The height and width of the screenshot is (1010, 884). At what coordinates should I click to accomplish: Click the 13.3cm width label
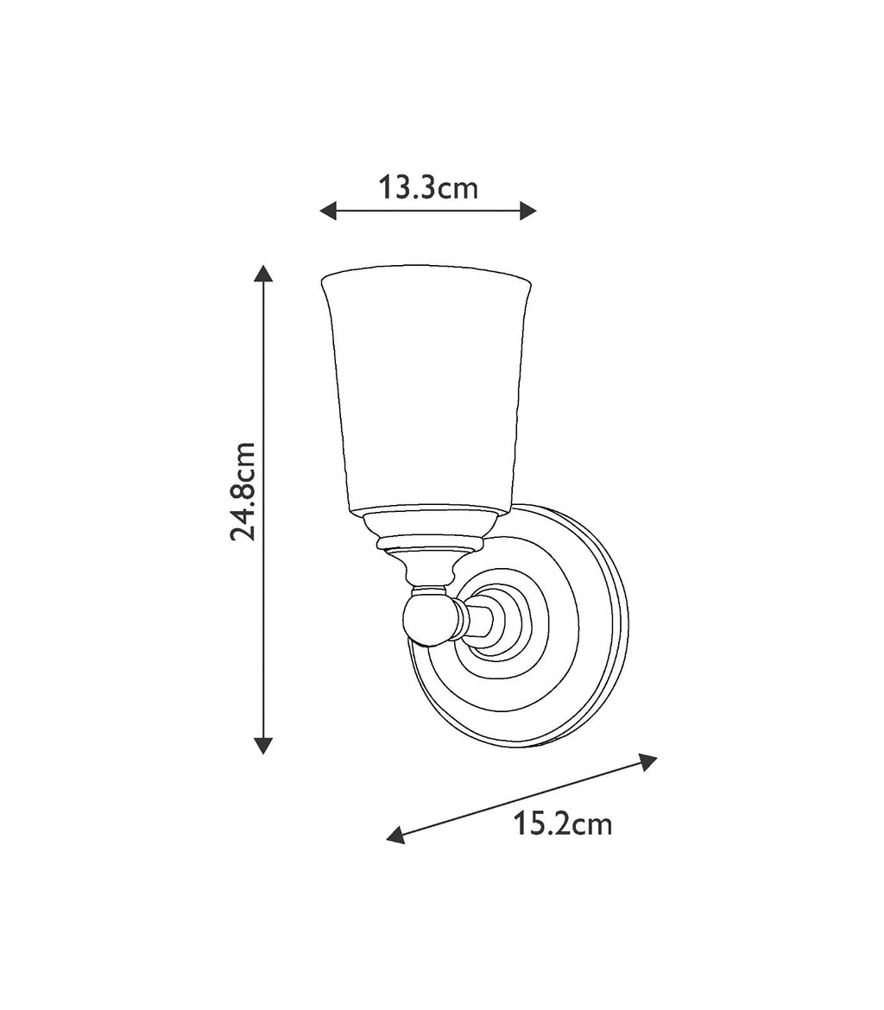pyautogui.click(x=428, y=187)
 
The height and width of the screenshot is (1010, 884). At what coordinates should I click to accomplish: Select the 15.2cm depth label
pyautogui.click(x=563, y=824)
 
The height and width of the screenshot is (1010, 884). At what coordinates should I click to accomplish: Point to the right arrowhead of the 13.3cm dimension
pyautogui.click(x=528, y=211)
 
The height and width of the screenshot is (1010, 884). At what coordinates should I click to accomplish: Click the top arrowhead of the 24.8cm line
pyautogui.click(x=263, y=274)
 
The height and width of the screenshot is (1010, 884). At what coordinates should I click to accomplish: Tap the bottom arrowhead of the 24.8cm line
pyautogui.click(x=263, y=746)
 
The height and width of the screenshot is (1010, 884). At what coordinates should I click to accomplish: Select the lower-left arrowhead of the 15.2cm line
pyautogui.click(x=395, y=834)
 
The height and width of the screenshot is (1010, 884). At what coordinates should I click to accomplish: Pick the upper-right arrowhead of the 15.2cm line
pyautogui.click(x=647, y=761)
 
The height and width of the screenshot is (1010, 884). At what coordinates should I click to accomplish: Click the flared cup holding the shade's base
pyautogui.click(x=432, y=523)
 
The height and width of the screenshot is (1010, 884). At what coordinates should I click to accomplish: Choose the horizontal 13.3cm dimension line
pyautogui.click(x=428, y=211)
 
